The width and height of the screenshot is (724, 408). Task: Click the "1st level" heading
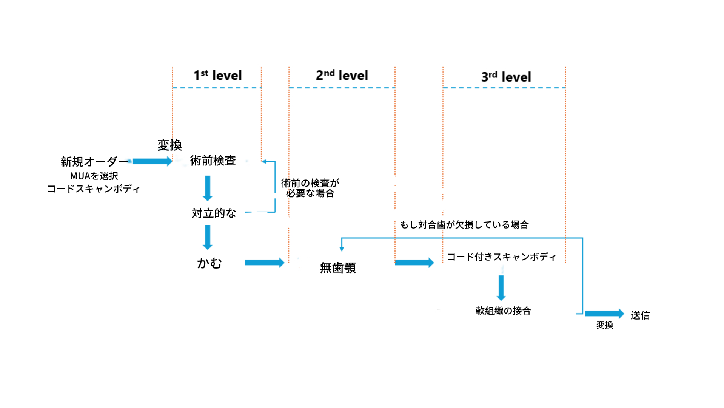click(x=217, y=75)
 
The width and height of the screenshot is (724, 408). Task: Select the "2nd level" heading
click(x=342, y=75)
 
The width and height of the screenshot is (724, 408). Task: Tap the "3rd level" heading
click(x=506, y=77)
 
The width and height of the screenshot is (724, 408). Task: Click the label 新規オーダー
click(x=94, y=162)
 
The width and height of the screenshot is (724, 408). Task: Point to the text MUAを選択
click(x=94, y=176)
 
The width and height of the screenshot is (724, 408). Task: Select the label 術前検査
click(x=213, y=161)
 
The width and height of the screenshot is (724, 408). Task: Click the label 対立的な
click(x=214, y=213)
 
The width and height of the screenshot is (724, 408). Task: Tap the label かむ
click(x=209, y=263)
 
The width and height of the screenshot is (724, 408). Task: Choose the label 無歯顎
click(x=338, y=267)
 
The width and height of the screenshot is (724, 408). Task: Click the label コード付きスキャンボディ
click(x=502, y=257)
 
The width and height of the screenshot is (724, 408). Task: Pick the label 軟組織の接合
click(x=503, y=311)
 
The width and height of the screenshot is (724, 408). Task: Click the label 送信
click(x=640, y=315)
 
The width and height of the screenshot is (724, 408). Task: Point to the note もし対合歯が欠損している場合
click(x=464, y=225)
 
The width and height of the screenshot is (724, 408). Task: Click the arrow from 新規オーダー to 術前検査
click(x=152, y=161)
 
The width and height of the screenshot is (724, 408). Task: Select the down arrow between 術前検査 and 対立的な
click(x=208, y=188)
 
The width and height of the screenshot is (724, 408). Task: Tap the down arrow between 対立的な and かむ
click(x=208, y=237)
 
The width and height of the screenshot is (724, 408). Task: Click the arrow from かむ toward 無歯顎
click(x=264, y=263)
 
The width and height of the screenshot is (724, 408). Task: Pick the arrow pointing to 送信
click(x=604, y=314)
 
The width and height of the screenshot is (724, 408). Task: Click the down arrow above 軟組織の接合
click(x=501, y=288)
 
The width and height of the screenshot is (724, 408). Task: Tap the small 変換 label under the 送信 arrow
click(x=604, y=325)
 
